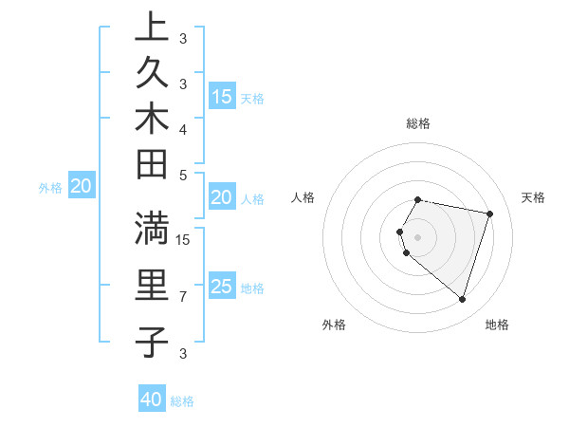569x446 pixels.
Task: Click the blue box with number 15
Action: point(222,96)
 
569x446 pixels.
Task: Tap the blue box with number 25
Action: point(222,287)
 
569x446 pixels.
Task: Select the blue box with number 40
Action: point(152,400)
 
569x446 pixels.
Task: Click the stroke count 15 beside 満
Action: point(183,239)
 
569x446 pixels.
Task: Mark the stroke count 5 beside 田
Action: point(183,176)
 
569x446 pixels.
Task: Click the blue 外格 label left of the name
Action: point(50,188)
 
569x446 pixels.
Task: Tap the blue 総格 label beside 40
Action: point(182,401)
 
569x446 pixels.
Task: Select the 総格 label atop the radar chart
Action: point(418,123)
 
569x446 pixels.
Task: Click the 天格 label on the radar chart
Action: point(533,197)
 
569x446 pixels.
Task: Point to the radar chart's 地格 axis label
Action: point(497,325)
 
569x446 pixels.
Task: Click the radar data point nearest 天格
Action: point(489,214)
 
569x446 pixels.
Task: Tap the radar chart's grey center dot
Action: point(418,236)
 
